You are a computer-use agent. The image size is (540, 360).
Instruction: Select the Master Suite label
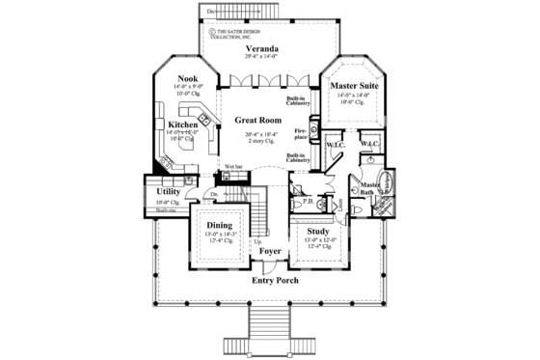pyautogui.click(x=354, y=88)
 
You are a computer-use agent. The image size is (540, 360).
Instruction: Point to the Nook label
pyautogui.click(x=187, y=79)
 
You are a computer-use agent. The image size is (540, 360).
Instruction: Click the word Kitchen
pyautogui.click(x=183, y=125)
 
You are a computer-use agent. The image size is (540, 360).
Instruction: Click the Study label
pyautogui.click(x=319, y=232)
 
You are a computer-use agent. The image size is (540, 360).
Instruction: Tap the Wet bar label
pyautogui.click(x=234, y=167)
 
